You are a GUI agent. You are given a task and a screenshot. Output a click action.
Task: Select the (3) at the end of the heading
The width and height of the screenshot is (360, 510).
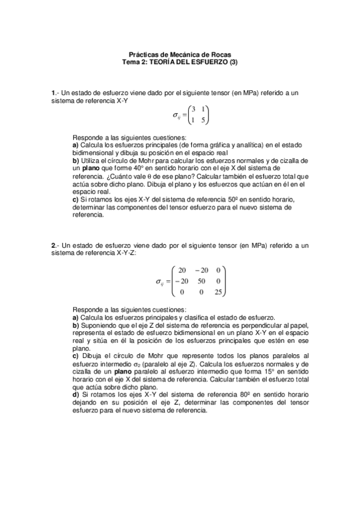pyautogui.click(x=233, y=61)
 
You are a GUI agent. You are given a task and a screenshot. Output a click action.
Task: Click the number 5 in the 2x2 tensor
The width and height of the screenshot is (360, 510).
pyautogui.click(x=204, y=120)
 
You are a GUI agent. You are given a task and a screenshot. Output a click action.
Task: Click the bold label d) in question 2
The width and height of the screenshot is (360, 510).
pyautogui.click(x=75, y=395)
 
